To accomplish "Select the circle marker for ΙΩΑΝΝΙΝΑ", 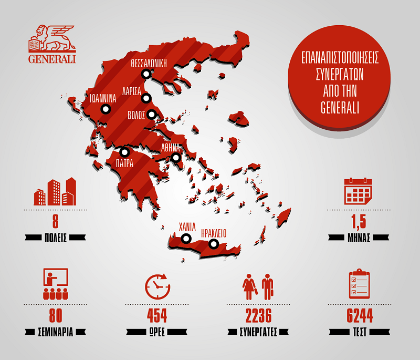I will coord(105,109).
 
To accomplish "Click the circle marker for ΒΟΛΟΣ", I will coord(152,114).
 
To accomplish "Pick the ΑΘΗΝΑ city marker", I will coord(176,157).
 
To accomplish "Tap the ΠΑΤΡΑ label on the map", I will coord(125,163).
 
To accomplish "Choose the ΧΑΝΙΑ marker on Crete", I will coord(185,239).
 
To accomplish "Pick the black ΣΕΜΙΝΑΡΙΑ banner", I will coord(55,332).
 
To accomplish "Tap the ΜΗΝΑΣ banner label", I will coord(359,236).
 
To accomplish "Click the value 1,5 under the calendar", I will coord(359,220).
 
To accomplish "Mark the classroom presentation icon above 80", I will coord(54,284).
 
